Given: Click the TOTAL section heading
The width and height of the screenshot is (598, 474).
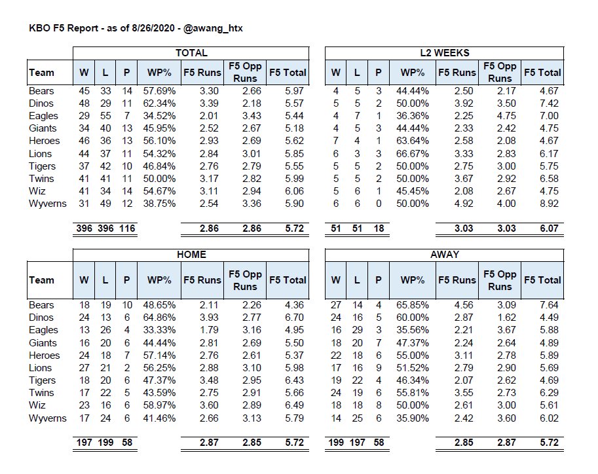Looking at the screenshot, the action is (x=191, y=53).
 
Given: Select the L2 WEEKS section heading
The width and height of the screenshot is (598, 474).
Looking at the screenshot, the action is (x=445, y=53).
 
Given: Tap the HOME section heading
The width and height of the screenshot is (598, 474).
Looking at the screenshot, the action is (x=191, y=255).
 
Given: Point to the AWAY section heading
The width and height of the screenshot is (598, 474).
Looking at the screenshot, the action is (x=445, y=255).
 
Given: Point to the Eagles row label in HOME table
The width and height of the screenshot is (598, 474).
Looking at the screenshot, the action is (x=43, y=330).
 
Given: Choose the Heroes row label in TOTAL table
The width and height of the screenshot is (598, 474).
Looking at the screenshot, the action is (x=45, y=141).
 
